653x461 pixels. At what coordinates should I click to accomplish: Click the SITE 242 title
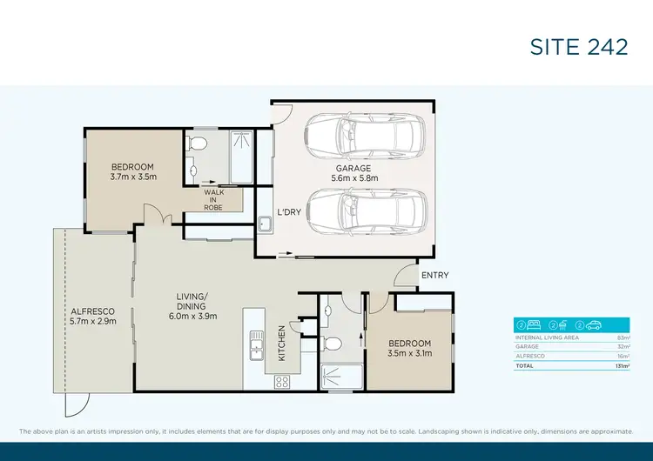(578, 46)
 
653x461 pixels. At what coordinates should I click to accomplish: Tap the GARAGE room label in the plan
(354, 168)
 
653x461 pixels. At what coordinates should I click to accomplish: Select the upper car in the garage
(359, 135)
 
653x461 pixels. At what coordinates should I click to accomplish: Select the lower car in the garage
(359, 211)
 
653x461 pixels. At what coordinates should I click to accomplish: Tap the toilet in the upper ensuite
(199, 144)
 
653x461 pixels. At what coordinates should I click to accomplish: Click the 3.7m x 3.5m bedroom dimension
(132, 177)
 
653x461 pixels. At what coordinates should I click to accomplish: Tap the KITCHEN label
(281, 344)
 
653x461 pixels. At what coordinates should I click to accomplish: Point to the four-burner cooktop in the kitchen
(283, 380)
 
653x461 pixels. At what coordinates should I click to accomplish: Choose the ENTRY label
(434, 276)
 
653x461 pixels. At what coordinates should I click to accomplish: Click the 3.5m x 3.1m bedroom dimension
(409, 353)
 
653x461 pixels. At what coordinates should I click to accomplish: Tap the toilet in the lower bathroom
(331, 342)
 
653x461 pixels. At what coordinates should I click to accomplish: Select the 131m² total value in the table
(622, 366)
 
